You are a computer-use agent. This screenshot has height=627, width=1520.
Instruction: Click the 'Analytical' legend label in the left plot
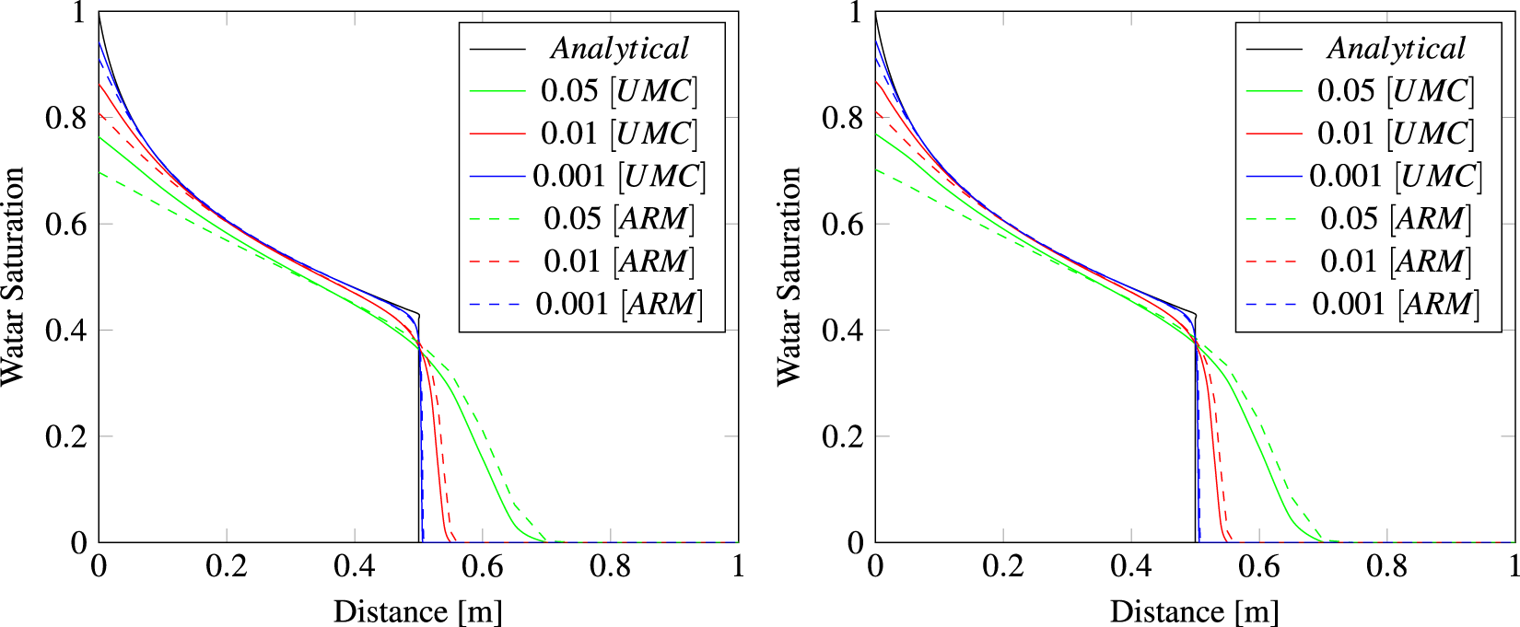point(619,48)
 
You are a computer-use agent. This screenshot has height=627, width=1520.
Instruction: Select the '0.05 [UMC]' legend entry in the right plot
point(1396,90)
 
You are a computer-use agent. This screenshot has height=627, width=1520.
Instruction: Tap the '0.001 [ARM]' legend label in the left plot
point(619,304)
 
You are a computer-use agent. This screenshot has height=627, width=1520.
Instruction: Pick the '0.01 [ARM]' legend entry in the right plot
point(1396,261)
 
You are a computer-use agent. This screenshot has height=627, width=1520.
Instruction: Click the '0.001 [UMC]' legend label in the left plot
point(619,176)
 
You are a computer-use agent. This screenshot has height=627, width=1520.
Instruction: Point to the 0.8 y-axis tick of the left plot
point(65,118)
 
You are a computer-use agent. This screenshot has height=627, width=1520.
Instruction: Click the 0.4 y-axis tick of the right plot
point(842,330)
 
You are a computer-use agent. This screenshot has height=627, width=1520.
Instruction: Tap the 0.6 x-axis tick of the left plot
point(483,566)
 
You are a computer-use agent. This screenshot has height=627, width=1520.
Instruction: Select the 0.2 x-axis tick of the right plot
point(1003,566)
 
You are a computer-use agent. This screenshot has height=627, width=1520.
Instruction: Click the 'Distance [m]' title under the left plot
point(418,611)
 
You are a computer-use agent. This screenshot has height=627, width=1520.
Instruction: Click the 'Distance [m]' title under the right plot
point(1195,611)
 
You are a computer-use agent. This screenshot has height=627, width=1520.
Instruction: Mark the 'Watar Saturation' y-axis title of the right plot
point(789,276)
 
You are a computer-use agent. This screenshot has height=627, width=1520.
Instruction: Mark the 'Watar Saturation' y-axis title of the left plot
point(13,276)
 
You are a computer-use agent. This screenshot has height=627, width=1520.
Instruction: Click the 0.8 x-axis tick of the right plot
point(1387,566)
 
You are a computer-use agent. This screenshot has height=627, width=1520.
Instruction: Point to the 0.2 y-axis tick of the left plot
point(65,436)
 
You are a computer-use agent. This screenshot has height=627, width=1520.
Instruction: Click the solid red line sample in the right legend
point(1274,134)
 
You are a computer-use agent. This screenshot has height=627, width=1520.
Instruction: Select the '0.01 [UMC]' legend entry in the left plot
point(619,134)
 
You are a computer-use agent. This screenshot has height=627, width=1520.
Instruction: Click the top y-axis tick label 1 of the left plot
point(79,13)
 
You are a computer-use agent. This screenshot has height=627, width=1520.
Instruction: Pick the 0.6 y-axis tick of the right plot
point(842,224)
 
